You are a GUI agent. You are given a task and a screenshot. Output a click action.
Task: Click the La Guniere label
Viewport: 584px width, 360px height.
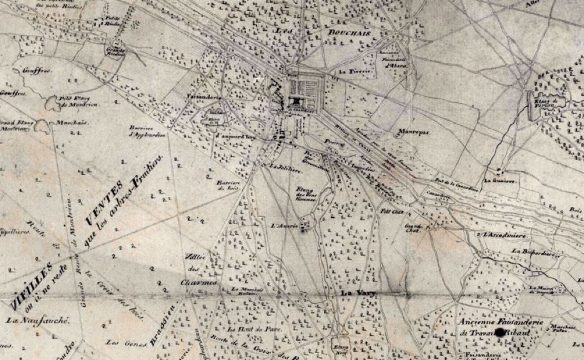[498, 179]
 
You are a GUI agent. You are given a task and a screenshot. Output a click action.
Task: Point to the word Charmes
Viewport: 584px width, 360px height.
[199, 283]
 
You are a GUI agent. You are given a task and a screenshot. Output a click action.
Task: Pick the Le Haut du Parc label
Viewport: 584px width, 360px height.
[245, 329]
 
